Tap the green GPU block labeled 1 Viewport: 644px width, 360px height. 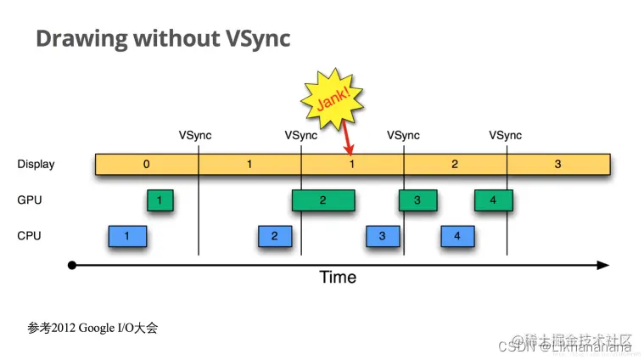[160, 200]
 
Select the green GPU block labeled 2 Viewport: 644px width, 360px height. [323, 200]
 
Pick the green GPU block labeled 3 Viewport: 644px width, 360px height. [416, 200]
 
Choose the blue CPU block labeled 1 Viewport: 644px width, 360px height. [127, 236]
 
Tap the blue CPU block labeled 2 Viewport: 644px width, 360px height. [274, 236]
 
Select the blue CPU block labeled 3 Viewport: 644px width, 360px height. [383, 236]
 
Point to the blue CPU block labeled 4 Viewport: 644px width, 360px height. [456, 236]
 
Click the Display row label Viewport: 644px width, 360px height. [36, 164]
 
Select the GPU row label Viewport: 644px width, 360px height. [30, 200]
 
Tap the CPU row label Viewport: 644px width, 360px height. [30, 236]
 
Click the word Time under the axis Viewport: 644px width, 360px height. [338, 277]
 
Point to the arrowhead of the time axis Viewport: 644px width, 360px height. [603, 265]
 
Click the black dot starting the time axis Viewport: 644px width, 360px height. [73, 265]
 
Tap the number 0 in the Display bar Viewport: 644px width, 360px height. [146, 164]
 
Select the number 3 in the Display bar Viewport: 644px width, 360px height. [557, 164]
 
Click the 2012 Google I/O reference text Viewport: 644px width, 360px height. [92, 328]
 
